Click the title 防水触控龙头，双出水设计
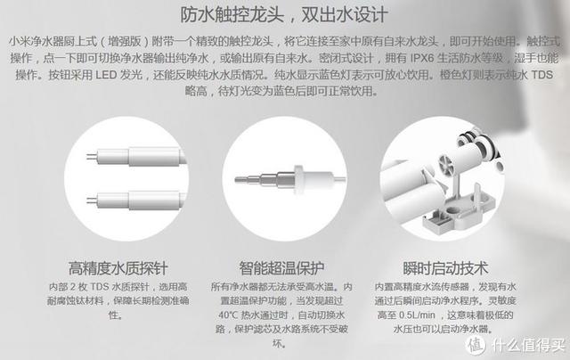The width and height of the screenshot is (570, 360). (284, 15)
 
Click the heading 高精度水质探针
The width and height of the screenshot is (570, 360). (118, 267)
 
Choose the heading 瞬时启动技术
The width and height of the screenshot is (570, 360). (444, 267)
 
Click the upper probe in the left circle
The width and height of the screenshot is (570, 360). (124, 158)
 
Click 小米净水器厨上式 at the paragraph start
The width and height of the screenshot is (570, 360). (51, 42)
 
